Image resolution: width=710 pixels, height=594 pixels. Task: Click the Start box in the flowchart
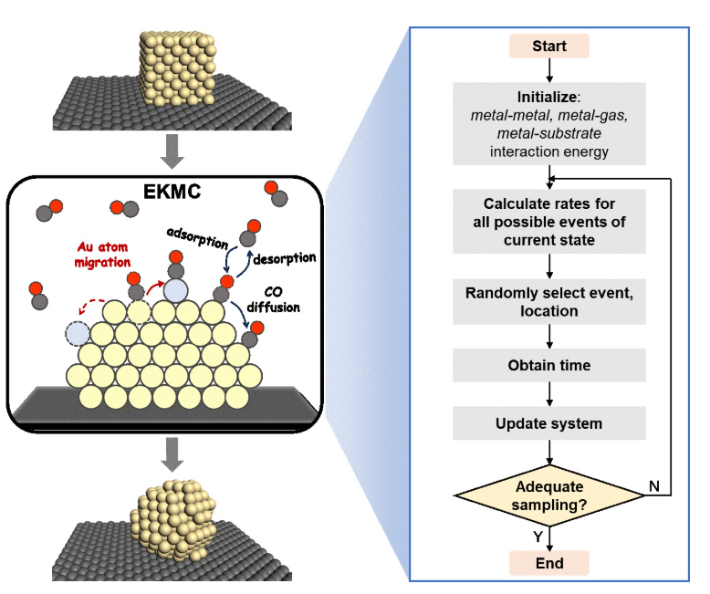(x=548, y=47)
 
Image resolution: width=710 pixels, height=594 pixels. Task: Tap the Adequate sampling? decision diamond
(x=548, y=495)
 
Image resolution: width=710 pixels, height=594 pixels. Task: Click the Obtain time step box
(x=548, y=365)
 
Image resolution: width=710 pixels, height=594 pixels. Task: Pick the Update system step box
(x=548, y=423)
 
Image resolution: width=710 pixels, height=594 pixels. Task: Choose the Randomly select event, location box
(x=548, y=301)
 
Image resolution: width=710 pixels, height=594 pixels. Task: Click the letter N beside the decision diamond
(x=653, y=485)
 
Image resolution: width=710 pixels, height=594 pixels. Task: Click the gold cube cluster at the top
(x=178, y=68)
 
